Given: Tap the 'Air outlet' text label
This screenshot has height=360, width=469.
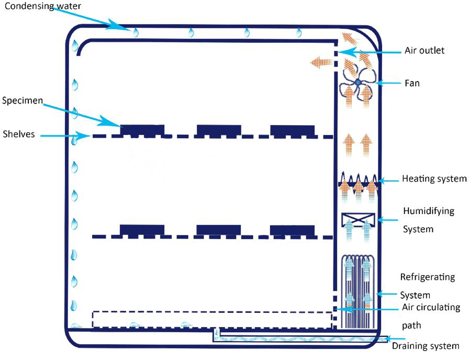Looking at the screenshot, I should (425, 51).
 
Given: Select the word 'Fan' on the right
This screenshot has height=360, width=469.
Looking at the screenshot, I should (412, 83).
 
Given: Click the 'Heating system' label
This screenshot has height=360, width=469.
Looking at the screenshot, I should (434, 179).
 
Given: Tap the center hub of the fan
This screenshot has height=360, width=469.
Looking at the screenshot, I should (358, 82).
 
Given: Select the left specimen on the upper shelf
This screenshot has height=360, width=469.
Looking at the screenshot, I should (142, 130).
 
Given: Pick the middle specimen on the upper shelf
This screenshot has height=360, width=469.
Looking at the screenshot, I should (219, 130).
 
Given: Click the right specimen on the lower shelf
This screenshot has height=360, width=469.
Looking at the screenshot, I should (293, 230).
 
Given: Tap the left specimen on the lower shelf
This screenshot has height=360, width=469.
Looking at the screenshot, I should (142, 230).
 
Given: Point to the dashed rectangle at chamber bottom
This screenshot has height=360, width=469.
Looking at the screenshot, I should (212, 319).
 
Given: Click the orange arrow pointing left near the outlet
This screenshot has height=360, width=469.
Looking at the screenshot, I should (321, 63).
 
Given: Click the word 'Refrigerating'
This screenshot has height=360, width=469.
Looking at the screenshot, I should (427, 277).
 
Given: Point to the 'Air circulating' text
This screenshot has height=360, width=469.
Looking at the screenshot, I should (431, 307).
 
